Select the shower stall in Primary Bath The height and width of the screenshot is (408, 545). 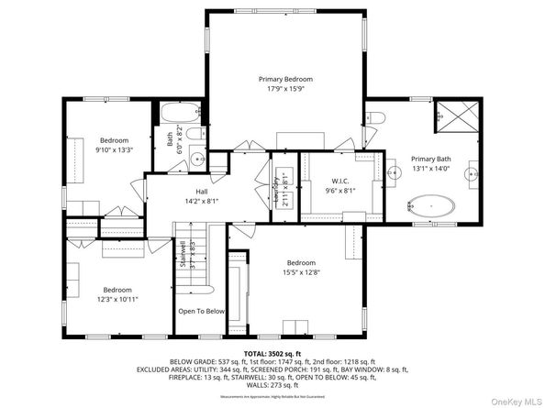(x=455, y=116)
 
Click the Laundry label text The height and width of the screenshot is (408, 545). (x=275, y=191)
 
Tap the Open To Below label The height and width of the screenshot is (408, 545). (x=201, y=311)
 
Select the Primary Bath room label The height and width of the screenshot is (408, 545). (x=429, y=157)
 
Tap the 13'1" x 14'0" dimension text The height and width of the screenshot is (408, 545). (x=429, y=168)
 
